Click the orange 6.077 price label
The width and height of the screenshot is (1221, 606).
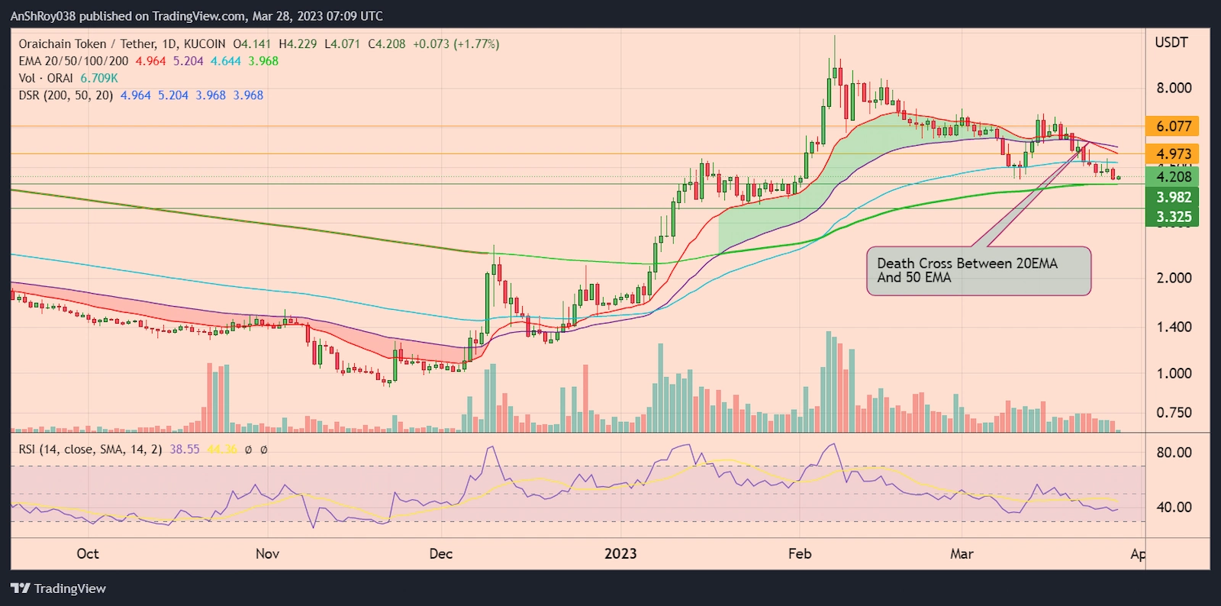1173,127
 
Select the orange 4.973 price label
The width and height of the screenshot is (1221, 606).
1173,154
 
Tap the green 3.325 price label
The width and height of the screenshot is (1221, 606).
1173,218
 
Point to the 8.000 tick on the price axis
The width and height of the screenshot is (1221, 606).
1173,88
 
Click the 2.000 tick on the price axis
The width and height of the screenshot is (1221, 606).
1173,278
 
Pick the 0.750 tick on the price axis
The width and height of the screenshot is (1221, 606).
1173,413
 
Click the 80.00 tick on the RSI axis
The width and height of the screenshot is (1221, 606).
1173,453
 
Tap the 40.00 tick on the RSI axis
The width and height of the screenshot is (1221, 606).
1173,507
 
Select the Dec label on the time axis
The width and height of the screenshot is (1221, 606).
440,554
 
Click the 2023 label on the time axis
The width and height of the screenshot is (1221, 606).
620,554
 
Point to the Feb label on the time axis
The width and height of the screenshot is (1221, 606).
799,554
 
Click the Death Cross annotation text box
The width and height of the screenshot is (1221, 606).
978,271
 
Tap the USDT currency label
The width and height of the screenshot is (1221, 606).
1171,43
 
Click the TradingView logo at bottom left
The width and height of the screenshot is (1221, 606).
59,588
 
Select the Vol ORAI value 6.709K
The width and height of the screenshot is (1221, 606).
99,79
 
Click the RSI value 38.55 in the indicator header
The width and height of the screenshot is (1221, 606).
184,450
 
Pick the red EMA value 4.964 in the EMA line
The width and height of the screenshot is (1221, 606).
150,61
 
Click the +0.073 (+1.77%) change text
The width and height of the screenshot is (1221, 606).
456,44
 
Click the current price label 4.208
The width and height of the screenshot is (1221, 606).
1173,177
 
